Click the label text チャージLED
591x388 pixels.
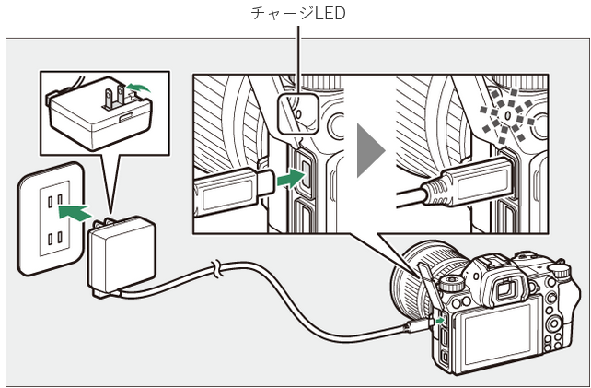(297, 14)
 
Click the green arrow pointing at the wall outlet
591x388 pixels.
(75, 213)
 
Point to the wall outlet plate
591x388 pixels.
(51, 218)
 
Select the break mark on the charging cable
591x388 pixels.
(217, 269)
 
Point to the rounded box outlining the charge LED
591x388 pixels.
(298, 113)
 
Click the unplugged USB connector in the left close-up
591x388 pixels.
(235, 191)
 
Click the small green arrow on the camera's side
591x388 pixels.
(439, 321)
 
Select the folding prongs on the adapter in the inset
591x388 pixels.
(115, 98)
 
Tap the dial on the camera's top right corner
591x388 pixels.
(560, 271)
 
